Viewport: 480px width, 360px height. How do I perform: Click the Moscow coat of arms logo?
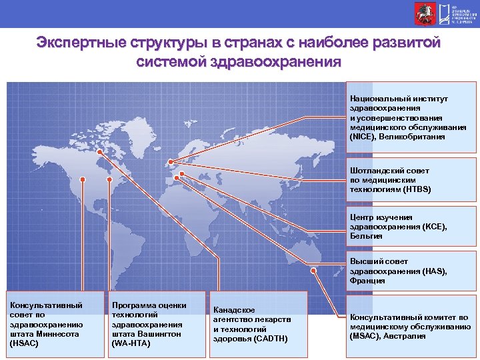pos(422,13)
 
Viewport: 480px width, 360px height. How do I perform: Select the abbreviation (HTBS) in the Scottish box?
pos(417,189)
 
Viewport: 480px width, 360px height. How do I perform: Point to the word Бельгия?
pos(366,235)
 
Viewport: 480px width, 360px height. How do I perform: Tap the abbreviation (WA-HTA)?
pos(131,343)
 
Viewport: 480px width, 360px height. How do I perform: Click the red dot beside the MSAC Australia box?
pos(340,316)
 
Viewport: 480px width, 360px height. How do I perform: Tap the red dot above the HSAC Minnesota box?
pos(82,180)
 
